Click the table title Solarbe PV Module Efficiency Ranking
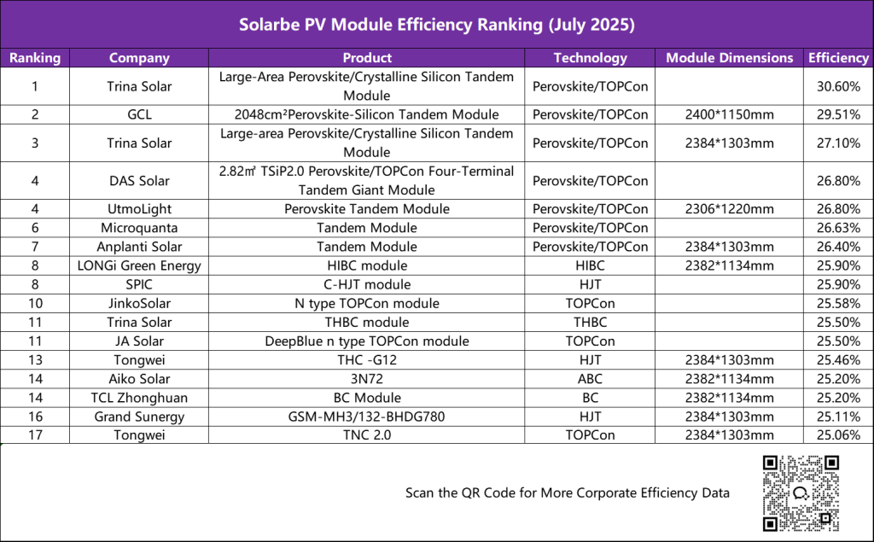click(x=436, y=24)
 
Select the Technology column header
click(x=590, y=58)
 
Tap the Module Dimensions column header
click(x=729, y=58)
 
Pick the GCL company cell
click(x=139, y=114)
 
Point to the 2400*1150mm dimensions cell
click(x=729, y=114)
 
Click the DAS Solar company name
click(x=139, y=180)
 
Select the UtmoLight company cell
click(x=139, y=209)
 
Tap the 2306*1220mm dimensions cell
click(x=729, y=209)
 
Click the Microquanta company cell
click(x=139, y=228)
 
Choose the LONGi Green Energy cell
click(x=139, y=265)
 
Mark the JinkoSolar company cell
click(x=139, y=303)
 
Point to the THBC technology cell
click(x=590, y=322)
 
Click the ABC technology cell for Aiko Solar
click(x=590, y=379)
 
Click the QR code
click(x=801, y=493)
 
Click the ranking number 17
click(x=35, y=435)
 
